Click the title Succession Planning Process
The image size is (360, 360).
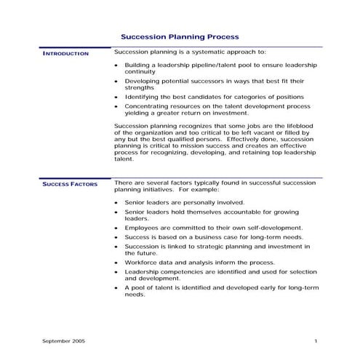(179, 36)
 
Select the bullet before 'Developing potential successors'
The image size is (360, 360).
(117, 81)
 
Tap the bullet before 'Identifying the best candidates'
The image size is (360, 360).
(117, 97)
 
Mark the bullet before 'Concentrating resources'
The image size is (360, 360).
(117, 106)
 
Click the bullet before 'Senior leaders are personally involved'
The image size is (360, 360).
(117, 202)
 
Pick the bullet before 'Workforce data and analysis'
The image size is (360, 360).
(117, 262)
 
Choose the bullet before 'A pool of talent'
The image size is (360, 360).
(117, 288)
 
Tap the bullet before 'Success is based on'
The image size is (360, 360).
(117, 237)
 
